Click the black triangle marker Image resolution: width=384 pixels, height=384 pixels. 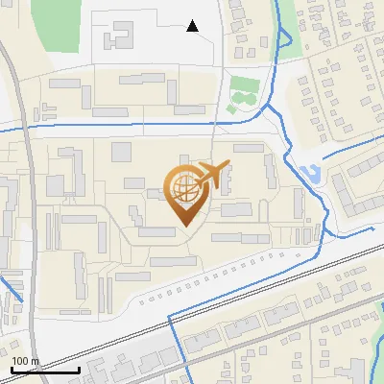click(x=193, y=26)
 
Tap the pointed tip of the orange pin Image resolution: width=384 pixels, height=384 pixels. click(x=182, y=224)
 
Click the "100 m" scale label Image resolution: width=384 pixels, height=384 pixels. click(x=26, y=360)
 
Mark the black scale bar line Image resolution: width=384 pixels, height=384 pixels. click(x=45, y=369)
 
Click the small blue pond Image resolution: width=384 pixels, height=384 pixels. click(x=310, y=176)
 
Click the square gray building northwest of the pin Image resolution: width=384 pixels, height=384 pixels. click(x=122, y=151)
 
